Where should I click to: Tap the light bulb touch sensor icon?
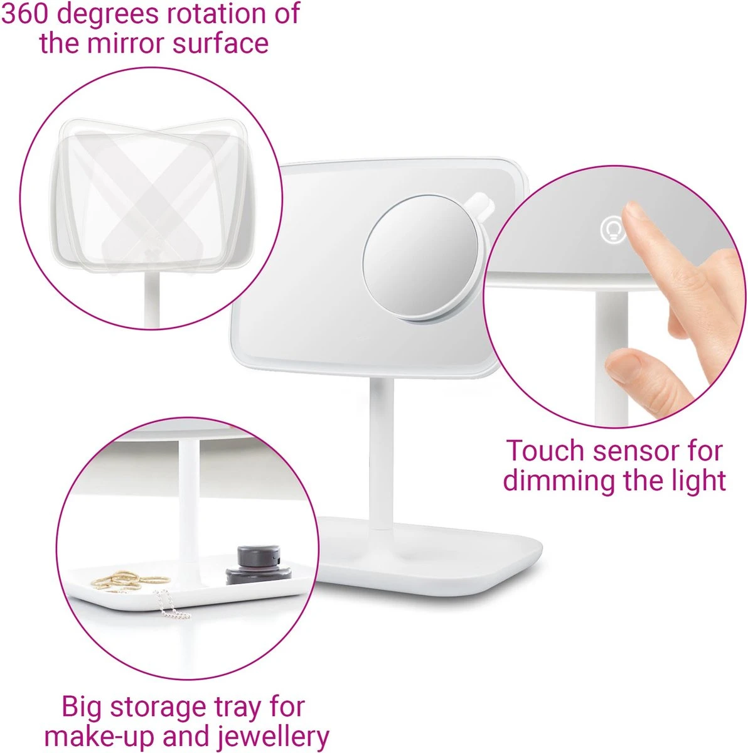pos(613,230)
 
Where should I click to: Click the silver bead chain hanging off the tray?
pos(172,604)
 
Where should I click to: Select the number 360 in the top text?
pos(26,14)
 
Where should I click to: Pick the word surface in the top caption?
pos(220,43)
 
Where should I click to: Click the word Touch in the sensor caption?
pos(545,451)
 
